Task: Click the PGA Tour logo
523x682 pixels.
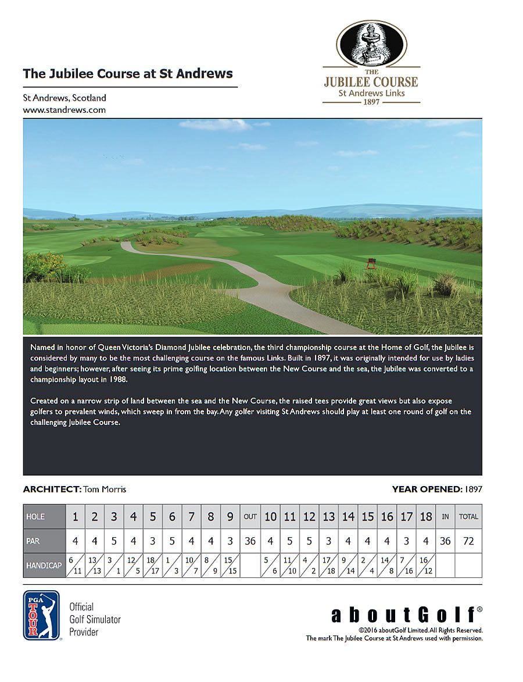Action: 41,615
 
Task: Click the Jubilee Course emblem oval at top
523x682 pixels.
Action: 371,44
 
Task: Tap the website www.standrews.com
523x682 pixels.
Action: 64,109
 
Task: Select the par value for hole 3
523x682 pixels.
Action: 114,541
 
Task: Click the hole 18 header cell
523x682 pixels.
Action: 426,516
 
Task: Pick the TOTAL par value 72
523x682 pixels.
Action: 468,541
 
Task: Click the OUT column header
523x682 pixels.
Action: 250,516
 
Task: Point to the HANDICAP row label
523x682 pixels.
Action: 43,565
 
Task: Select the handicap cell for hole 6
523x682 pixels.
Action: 172,565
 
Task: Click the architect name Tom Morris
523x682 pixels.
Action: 105,489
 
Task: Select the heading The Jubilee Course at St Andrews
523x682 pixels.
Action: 128,74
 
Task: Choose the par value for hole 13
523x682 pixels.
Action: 328,541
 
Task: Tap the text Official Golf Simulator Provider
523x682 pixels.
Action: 95,619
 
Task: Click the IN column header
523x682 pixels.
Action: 445,516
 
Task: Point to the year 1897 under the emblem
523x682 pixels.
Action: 371,101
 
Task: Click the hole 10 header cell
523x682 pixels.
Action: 270,516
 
